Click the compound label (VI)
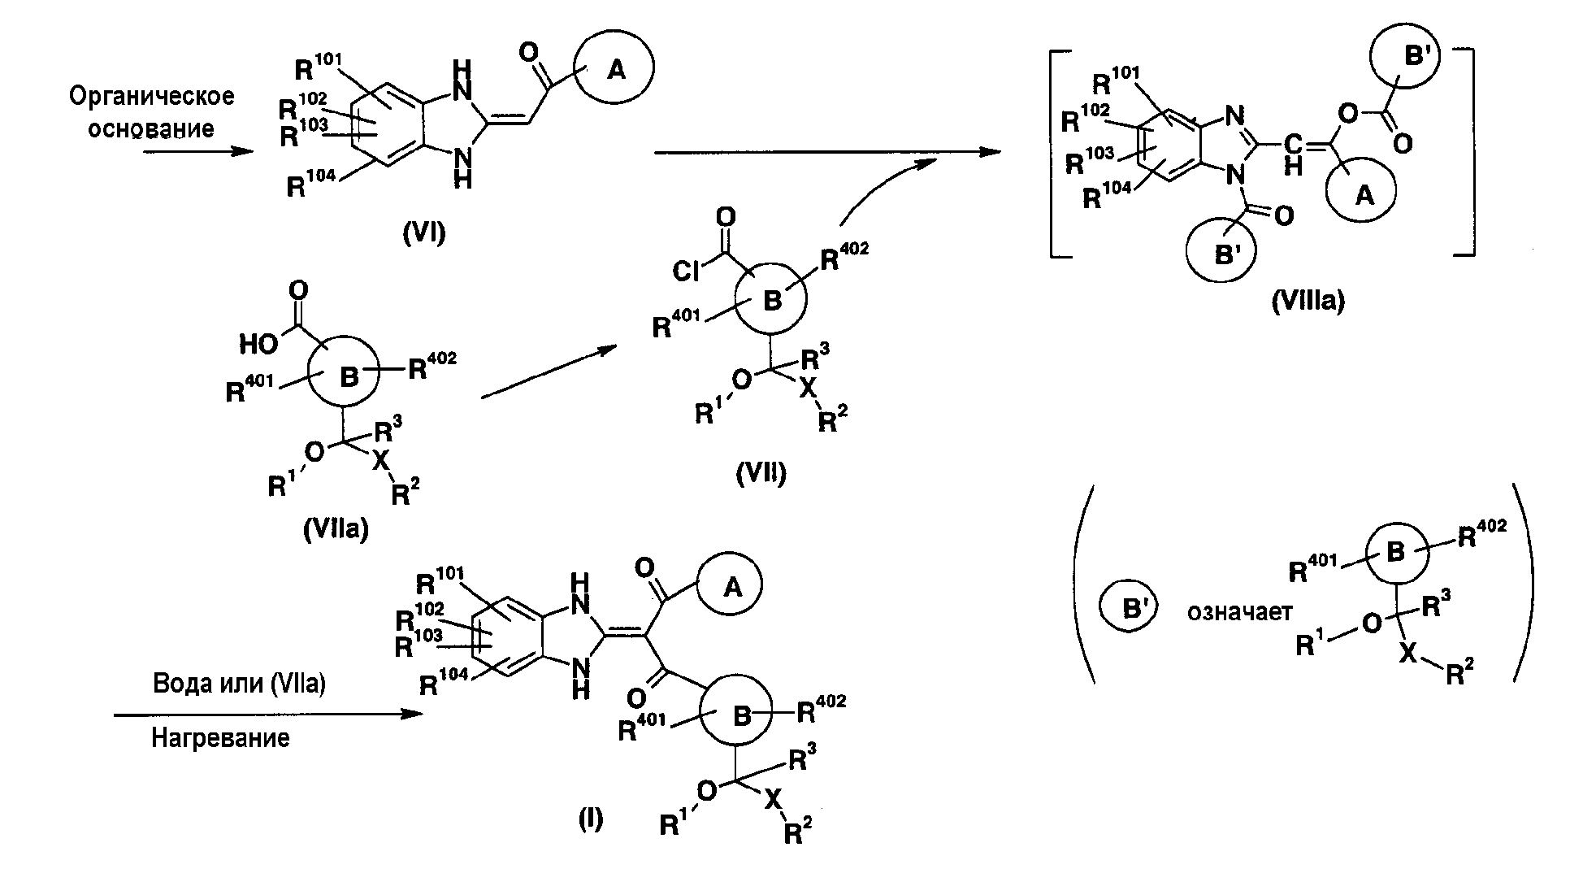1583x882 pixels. pos(424,235)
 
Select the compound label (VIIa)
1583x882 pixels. pos(335,530)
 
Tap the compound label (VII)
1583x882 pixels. pos(761,473)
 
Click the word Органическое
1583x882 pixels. pos(152,97)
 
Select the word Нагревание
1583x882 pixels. pos(220,739)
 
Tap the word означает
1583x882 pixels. pos(1239,612)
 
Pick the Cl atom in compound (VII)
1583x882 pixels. pos(687,270)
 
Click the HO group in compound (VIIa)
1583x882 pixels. pos(259,345)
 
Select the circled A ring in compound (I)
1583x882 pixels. pos(732,587)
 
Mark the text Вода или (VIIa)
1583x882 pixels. pos(239,684)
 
